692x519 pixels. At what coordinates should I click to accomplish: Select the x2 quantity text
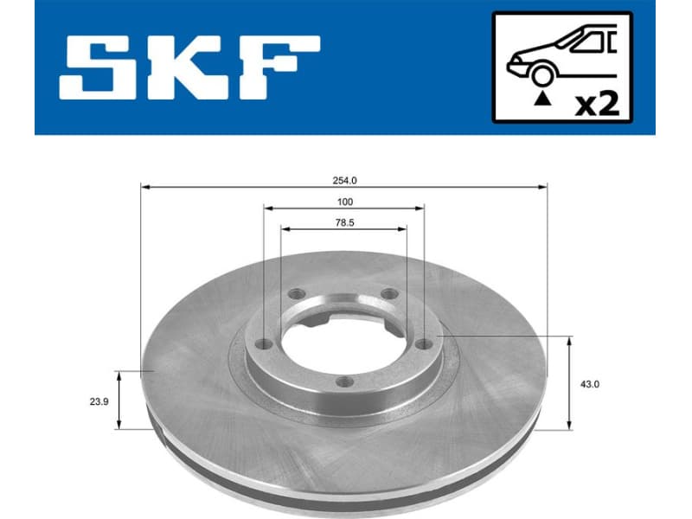[598, 105]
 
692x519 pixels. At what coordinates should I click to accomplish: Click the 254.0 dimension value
[344, 180]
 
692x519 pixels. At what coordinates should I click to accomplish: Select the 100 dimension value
[344, 202]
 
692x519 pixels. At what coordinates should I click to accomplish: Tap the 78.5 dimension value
[344, 222]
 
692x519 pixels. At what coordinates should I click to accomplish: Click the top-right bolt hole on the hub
[388, 293]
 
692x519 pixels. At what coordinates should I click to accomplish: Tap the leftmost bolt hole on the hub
[265, 344]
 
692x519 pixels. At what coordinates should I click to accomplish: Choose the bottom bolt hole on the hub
[343, 381]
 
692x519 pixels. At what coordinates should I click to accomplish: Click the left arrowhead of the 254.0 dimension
[144, 186]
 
